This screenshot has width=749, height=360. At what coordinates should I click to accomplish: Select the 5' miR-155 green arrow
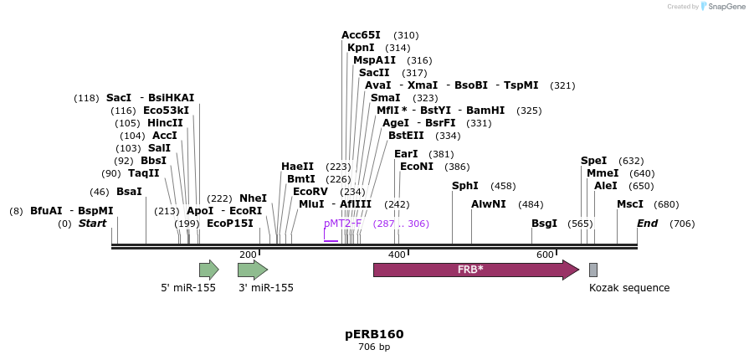point(208,270)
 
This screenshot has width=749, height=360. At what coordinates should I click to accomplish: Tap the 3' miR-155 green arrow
point(252,270)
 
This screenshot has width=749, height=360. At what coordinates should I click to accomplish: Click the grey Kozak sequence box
point(593,270)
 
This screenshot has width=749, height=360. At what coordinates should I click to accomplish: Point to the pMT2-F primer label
point(342,224)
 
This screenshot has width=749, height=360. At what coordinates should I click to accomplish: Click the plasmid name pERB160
point(374,334)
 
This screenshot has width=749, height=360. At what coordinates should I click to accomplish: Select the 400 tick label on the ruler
point(397,255)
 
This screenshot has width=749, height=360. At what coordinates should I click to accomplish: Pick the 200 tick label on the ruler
point(248,255)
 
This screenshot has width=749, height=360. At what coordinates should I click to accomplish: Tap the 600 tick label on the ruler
point(545,255)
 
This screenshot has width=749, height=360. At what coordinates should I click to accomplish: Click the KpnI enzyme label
point(361,48)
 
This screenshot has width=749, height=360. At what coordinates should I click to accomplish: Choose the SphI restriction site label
point(465,186)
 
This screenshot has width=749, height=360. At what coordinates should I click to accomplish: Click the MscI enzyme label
point(630,204)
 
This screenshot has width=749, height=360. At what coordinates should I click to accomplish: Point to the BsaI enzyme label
point(129,192)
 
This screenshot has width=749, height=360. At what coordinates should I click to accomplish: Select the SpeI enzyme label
point(593,161)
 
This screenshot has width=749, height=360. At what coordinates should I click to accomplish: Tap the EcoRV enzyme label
point(310,192)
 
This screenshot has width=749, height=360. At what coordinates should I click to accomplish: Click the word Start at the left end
point(93,224)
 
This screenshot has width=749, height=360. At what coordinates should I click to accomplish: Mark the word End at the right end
point(648,224)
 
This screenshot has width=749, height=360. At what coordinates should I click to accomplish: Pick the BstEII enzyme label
point(406,136)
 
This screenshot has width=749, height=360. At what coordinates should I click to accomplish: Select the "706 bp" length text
point(374,347)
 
